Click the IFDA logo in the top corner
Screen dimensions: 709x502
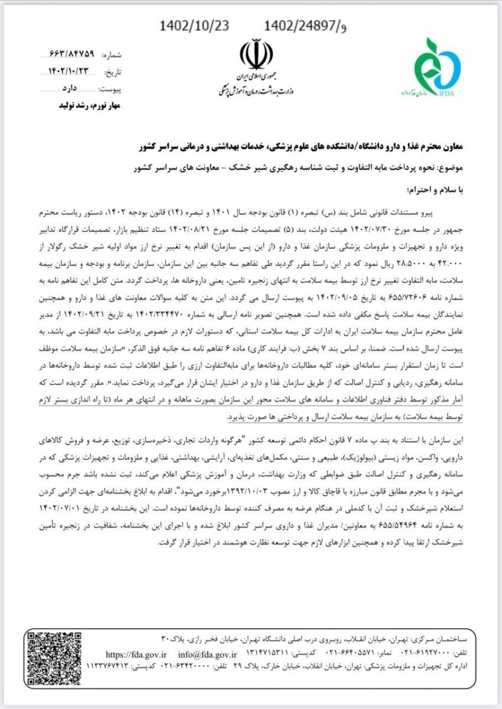pos(436,67)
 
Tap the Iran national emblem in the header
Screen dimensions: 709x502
pos(256,55)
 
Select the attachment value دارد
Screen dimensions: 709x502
pos(69,89)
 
